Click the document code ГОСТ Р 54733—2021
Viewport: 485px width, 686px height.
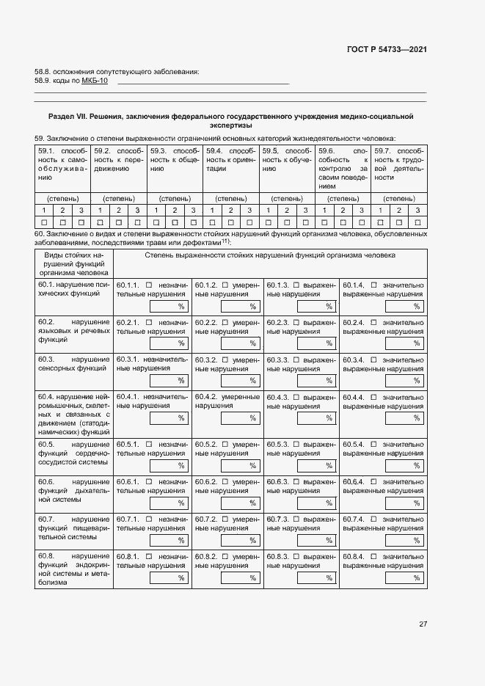386,50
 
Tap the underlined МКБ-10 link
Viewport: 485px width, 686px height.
95,81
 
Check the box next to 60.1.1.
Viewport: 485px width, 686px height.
149,285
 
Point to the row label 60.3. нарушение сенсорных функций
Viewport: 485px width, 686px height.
73,364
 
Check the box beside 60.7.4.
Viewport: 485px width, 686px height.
375,519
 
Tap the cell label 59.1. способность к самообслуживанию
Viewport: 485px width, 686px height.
62,164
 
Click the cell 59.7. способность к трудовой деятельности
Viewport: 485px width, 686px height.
398,164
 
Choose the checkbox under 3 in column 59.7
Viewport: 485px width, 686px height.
417,222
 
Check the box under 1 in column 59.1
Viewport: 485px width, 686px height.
44,222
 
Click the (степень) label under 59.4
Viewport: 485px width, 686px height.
230,198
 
